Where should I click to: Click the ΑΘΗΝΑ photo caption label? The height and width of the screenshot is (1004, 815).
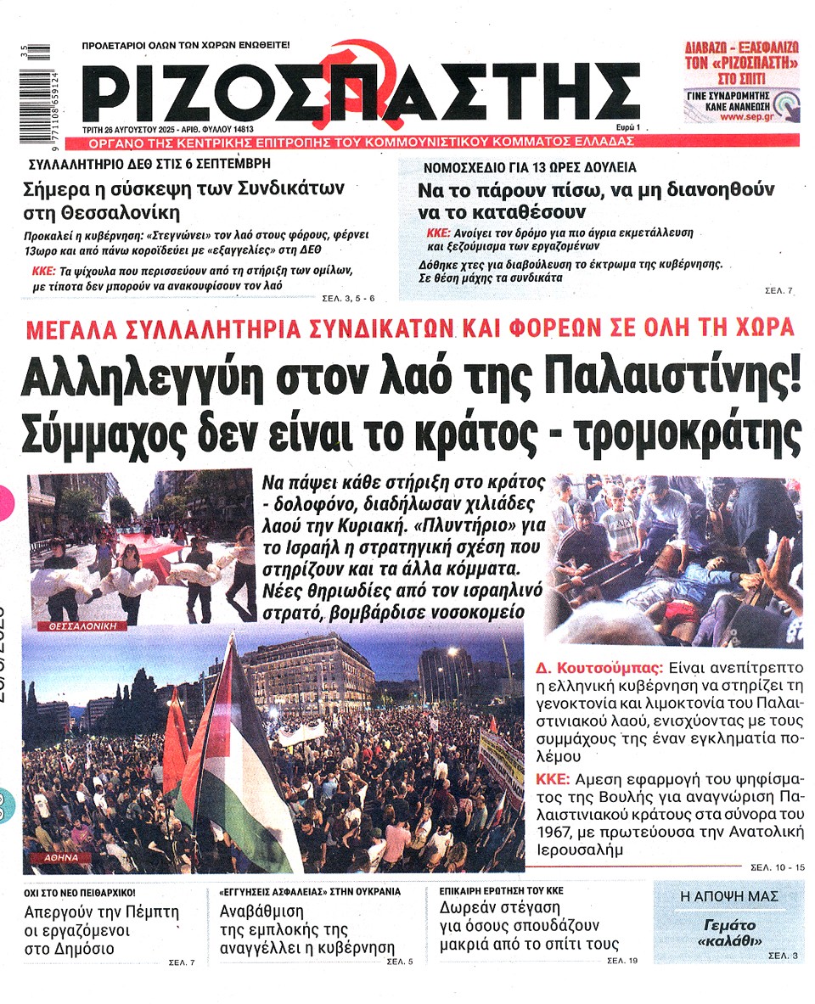(59, 858)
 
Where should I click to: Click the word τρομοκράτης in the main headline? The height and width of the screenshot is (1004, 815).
(687, 436)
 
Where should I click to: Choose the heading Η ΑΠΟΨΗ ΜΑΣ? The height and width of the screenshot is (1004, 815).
(729, 895)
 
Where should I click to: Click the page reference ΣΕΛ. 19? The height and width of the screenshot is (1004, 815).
(622, 962)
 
